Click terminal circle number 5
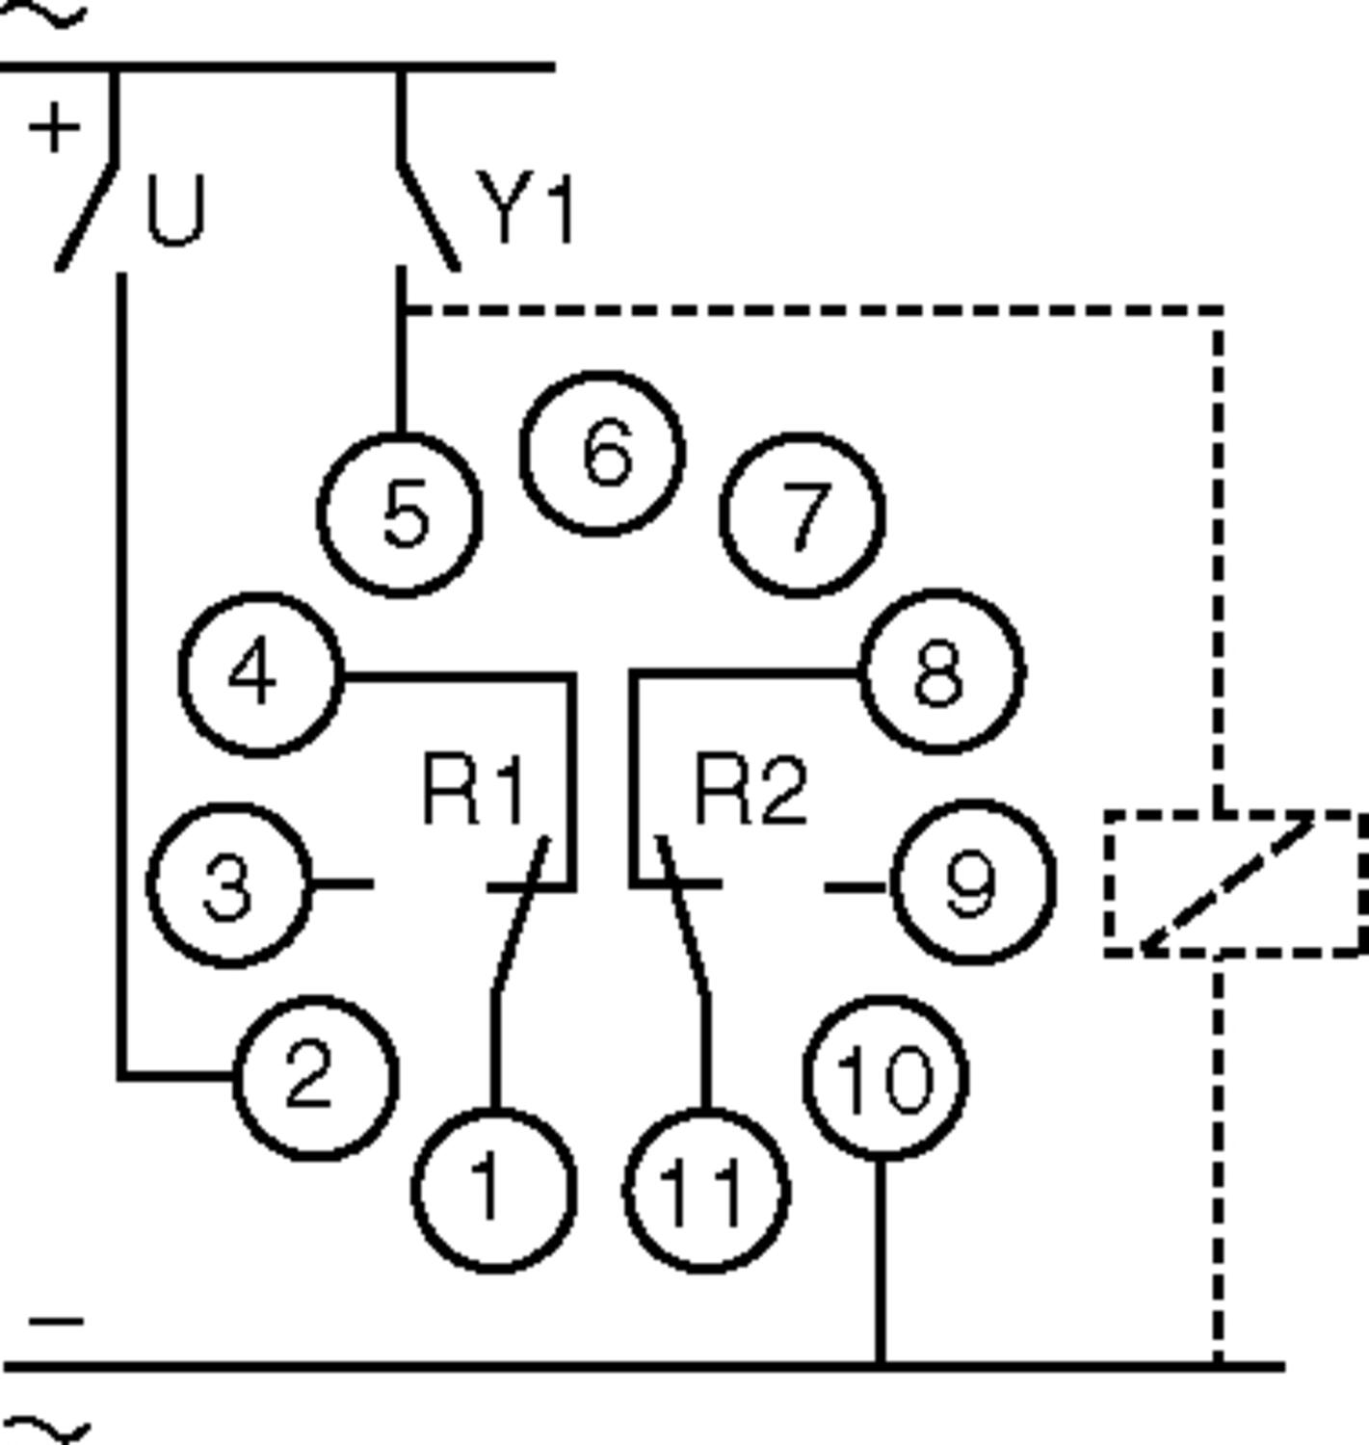coord(400,514)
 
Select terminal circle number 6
coord(603,453)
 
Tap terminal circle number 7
coord(802,514)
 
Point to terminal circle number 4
coord(260,674)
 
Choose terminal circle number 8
coord(941,670)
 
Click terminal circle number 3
coord(229,883)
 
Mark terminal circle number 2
coord(315,1076)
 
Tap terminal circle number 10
coord(884,1078)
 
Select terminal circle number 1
coord(494,1190)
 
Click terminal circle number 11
coord(706,1192)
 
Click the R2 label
coord(750,792)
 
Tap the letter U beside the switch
coord(175,212)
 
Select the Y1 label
coord(527,209)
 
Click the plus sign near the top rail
coord(54,127)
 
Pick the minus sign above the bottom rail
coord(56,1321)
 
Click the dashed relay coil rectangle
coord(1235,884)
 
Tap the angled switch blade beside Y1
coord(428,217)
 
